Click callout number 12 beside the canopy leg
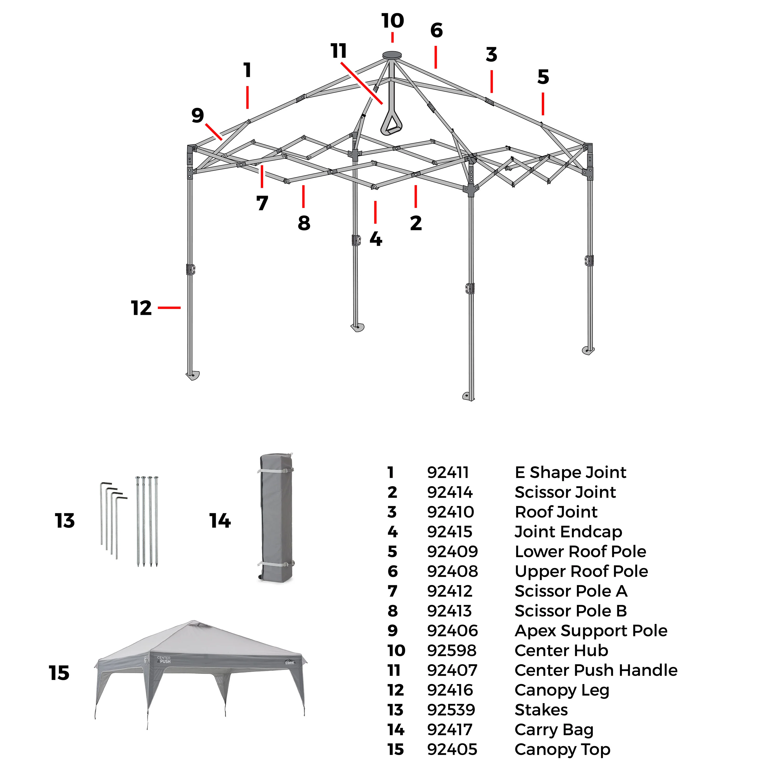tap(141, 308)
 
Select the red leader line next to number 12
tap(169, 308)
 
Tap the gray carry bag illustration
tap(276, 518)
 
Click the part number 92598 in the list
tap(452, 651)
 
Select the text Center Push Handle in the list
tap(596, 670)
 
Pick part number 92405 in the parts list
tap(452, 749)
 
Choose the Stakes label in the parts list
tap(541, 710)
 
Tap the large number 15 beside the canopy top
tap(59, 673)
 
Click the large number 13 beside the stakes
tap(64, 521)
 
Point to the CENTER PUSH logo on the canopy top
tap(164, 660)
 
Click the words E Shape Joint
tap(570, 472)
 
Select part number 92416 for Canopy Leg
tap(450, 690)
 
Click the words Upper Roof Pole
tap(581, 571)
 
